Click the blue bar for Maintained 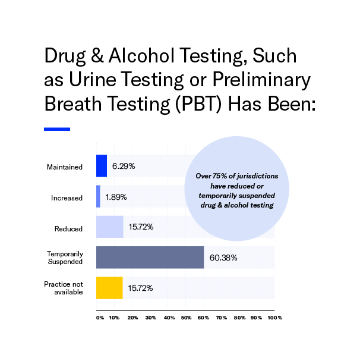(x=102, y=166)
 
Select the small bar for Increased (x=98, y=196)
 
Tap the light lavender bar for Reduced (x=110, y=227)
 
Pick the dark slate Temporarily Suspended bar (x=150, y=258)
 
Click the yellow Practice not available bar (x=109, y=288)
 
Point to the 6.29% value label (x=124, y=166)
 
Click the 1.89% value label (x=116, y=197)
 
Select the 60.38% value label (x=223, y=258)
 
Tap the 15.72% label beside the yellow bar (x=140, y=288)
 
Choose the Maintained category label (x=65, y=167)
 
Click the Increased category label (x=67, y=198)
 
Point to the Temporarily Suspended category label (x=65, y=258)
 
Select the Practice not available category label (x=64, y=288)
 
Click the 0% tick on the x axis (x=100, y=318)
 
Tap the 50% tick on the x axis (x=186, y=318)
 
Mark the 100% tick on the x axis (x=275, y=318)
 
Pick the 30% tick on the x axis (x=151, y=318)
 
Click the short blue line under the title (x=57, y=129)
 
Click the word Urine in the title (x=93, y=79)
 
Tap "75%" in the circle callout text (x=220, y=176)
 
